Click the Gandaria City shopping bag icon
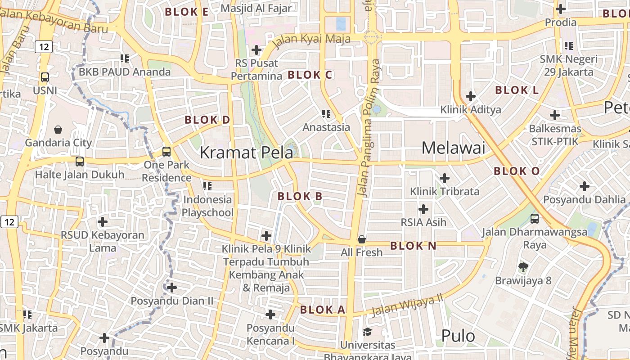[58, 130]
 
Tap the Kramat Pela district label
[246, 153]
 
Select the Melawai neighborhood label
[453, 148]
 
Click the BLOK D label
[207, 120]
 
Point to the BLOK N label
[413, 246]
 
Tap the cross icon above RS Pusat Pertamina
[256, 50]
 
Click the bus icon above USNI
[45, 77]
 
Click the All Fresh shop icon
[361, 239]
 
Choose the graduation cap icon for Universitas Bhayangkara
[367, 333]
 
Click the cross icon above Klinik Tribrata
[445, 178]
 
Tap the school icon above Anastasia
[326, 114]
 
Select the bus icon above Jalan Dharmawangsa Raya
[535, 219]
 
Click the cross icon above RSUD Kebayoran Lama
[103, 222]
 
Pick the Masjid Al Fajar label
[256, 8]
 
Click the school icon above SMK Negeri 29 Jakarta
[569, 45]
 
